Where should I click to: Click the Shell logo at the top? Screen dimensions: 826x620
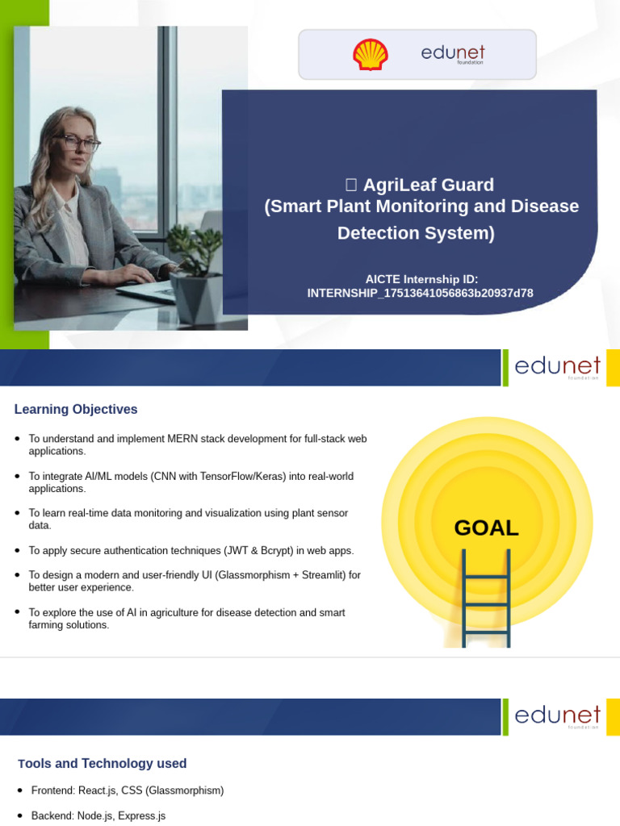(x=371, y=55)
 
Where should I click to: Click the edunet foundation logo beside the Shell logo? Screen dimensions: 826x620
(x=453, y=54)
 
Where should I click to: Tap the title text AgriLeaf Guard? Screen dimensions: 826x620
(x=428, y=185)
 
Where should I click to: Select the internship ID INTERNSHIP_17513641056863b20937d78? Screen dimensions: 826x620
(x=420, y=293)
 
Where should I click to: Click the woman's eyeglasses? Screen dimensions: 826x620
(x=78, y=144)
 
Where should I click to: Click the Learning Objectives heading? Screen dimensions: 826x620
(x=76, y=409)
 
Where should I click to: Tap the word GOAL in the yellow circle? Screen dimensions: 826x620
(x=486, y=528)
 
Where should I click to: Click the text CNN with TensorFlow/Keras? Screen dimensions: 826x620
(x=218, y=476)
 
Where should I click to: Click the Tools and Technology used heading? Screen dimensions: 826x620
(x=103, y=763)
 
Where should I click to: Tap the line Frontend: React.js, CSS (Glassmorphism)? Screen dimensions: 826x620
(x=127, y=791)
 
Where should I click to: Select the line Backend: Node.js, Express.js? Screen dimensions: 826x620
(x=98, y=816)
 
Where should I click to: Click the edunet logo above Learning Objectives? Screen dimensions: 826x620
(x=557, y=367)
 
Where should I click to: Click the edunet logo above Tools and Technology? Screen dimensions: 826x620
(x=557, y=716)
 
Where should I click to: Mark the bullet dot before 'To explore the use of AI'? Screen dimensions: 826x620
(x=18, y=612)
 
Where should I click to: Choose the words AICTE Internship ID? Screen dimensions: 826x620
(x=421, y=278)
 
